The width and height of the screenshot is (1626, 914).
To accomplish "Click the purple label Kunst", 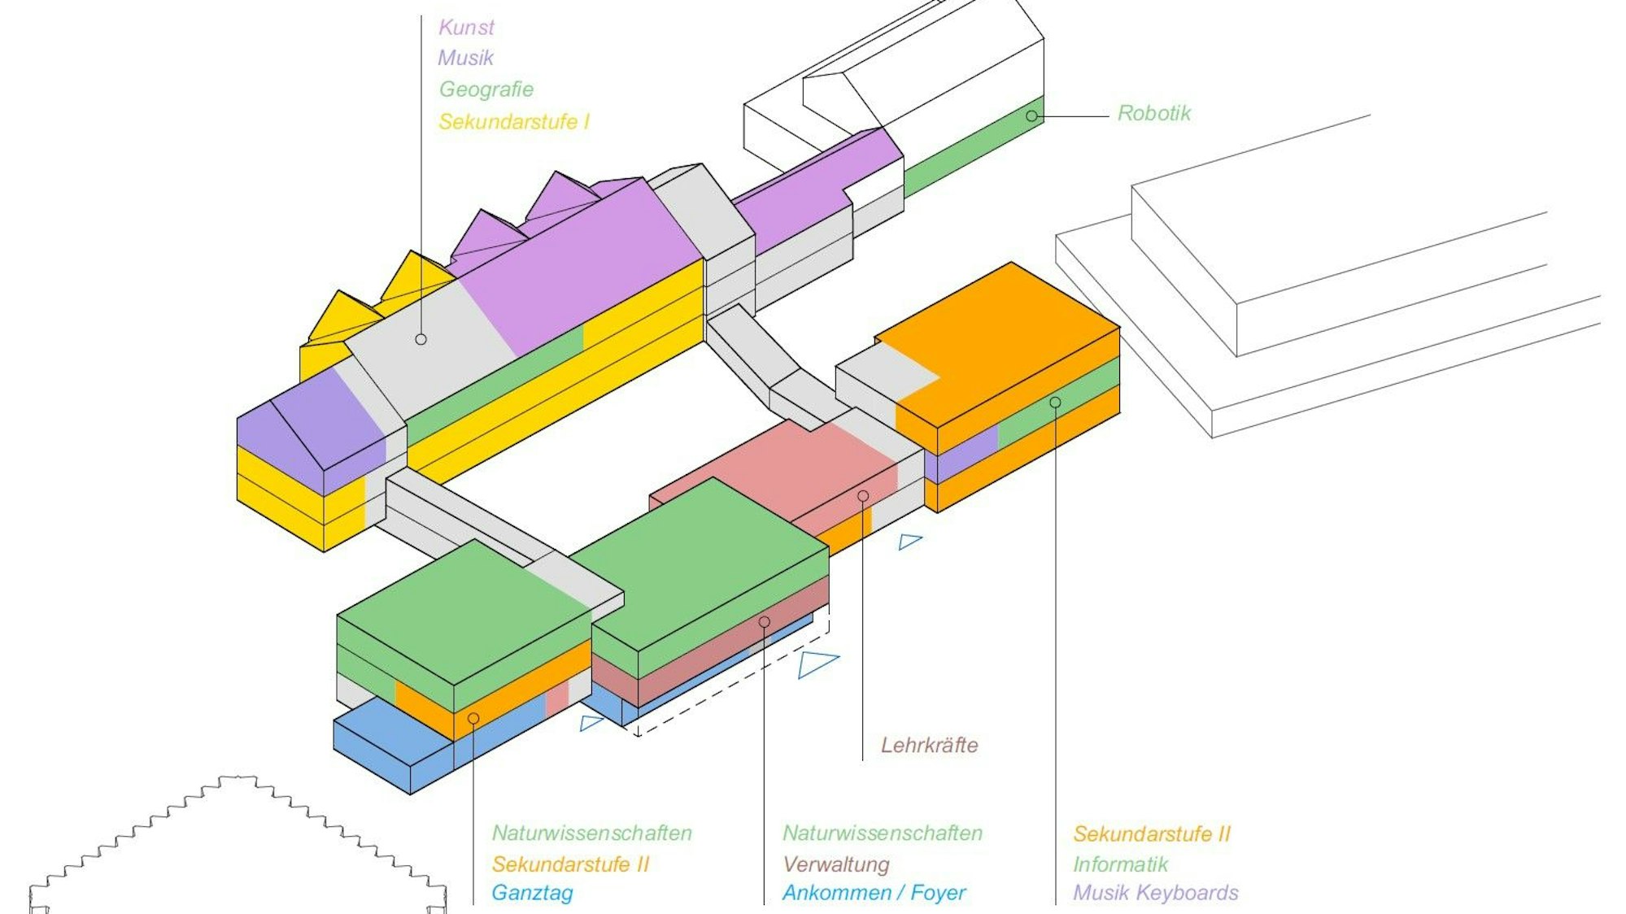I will coord(466,28).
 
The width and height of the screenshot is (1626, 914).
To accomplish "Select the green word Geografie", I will coord(486,89).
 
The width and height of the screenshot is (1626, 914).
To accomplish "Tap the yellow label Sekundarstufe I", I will coord(514,122).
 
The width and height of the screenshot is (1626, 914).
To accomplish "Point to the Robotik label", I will coord(1153,113).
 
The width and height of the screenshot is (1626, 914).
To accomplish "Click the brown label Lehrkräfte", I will coord(929,745).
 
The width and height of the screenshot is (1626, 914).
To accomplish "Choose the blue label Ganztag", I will coord(532,893).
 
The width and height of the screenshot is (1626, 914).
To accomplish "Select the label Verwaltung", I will coord(836,864).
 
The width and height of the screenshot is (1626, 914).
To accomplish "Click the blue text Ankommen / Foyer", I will coord(874,893).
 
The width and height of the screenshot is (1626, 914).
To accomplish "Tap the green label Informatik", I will coord(1120,864).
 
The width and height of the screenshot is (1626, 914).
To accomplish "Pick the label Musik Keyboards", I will coord(1155,893).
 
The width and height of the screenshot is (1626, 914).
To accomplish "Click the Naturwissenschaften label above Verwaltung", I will coord(883,833).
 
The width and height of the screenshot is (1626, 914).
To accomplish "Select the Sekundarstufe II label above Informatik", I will coord(1152,833).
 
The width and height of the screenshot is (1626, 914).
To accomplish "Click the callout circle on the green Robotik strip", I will coord(1031,116).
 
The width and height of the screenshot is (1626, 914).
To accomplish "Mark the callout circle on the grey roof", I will coord(421,339).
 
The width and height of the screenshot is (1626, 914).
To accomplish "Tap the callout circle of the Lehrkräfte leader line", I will coord(863,496).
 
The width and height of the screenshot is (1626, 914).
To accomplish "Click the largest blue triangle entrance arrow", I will coord(815,663).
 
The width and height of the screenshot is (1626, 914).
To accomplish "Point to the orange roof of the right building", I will coord(1009,325).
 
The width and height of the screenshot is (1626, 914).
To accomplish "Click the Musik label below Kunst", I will coord(465,59).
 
